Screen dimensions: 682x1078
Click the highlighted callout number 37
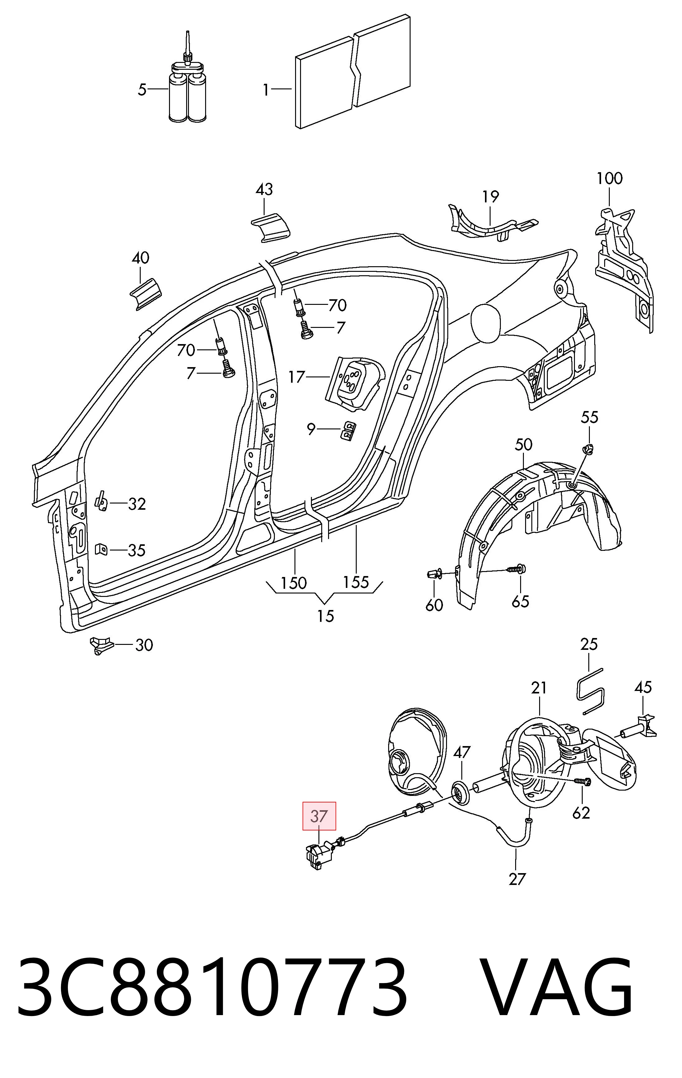click(x=319, y=816)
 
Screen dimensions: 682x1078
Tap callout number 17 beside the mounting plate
click(x=296, y=377)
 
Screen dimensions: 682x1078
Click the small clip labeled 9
click(x=348, y=430)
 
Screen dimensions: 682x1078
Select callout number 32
click(x=137, y=504)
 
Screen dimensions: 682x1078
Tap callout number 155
click(x=356, y=582)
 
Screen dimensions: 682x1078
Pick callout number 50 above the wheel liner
click(x=523, y=445)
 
